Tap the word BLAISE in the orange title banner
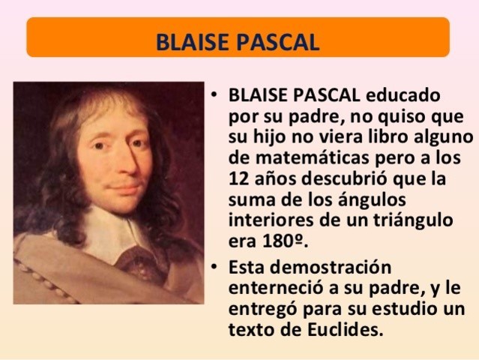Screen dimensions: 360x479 click(190, 39)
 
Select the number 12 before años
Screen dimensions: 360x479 click(238, 180)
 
